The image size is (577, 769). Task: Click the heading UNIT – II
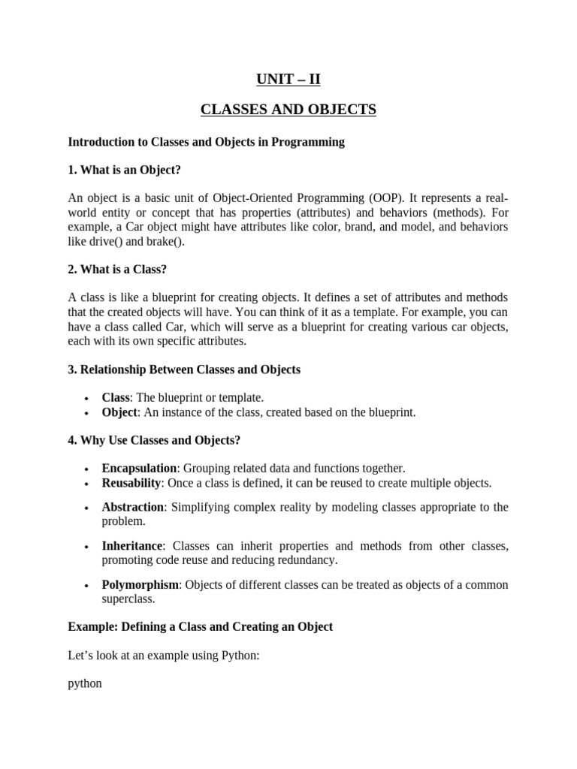click(288, 79)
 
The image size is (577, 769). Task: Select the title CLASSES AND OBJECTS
click(288, 110)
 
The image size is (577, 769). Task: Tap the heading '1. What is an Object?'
click(125, 170)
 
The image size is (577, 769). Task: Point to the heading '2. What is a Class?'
click(117, 270)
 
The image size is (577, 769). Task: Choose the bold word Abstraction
click(133, 507)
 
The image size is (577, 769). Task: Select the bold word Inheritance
click(132, 546)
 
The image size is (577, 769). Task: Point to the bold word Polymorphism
click(140, 585)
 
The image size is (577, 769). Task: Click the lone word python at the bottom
click(85, 684)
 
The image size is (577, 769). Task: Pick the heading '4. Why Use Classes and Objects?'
click(154, 440)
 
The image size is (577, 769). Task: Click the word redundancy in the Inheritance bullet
click(308, 560)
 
